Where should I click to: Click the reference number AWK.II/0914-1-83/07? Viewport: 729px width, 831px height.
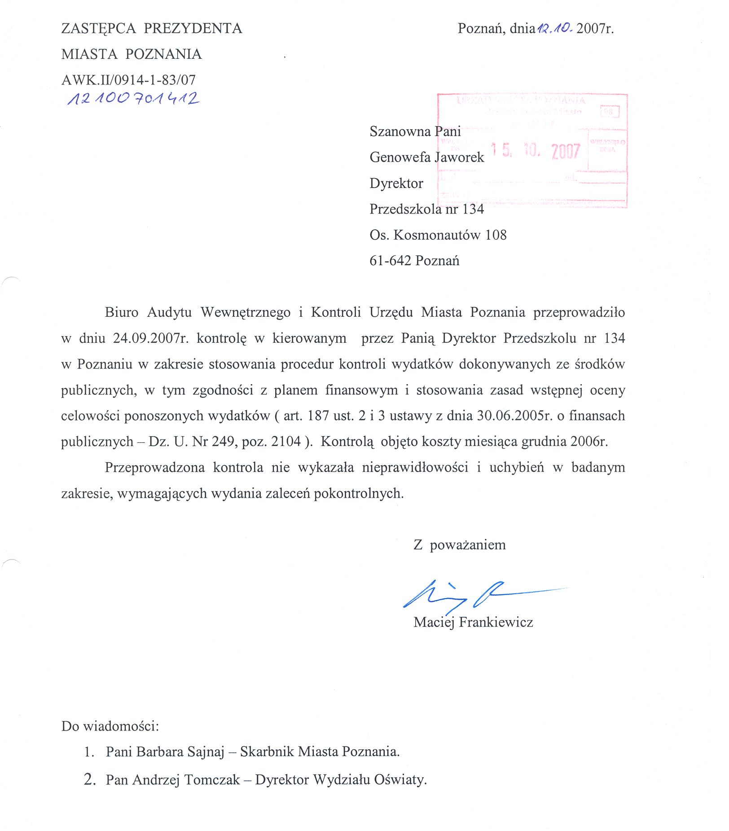pyautogui.click(x=128, y=80)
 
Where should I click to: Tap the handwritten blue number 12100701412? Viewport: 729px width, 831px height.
pyautogui.click(x=133, y=99)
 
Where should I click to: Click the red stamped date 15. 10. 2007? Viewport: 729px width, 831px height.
pyautogui.click(x=535, y=151)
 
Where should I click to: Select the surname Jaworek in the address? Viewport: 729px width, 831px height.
pyautogui.click(x=459, y=157)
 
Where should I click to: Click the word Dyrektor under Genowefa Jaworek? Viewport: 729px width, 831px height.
pyautogui.click(x=396, y=184)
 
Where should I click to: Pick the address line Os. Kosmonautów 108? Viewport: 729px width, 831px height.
pyautogui.click(x=438, y=235)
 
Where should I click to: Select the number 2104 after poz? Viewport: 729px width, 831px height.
pyautogui.click(x=286, y=442)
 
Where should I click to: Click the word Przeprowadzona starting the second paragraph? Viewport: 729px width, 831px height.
pyautogui.click(x=155, y=468)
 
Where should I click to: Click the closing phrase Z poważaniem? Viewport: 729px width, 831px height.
pyautogui.click(x=459, y=545)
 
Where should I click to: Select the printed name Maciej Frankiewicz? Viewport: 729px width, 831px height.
pyautogui.click(x=473, y=622)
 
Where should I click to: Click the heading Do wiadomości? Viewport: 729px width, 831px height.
pyautogui.click(x=110, y=726)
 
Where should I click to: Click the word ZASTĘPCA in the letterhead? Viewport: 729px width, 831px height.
pyautogui.click(x=98, y=29)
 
